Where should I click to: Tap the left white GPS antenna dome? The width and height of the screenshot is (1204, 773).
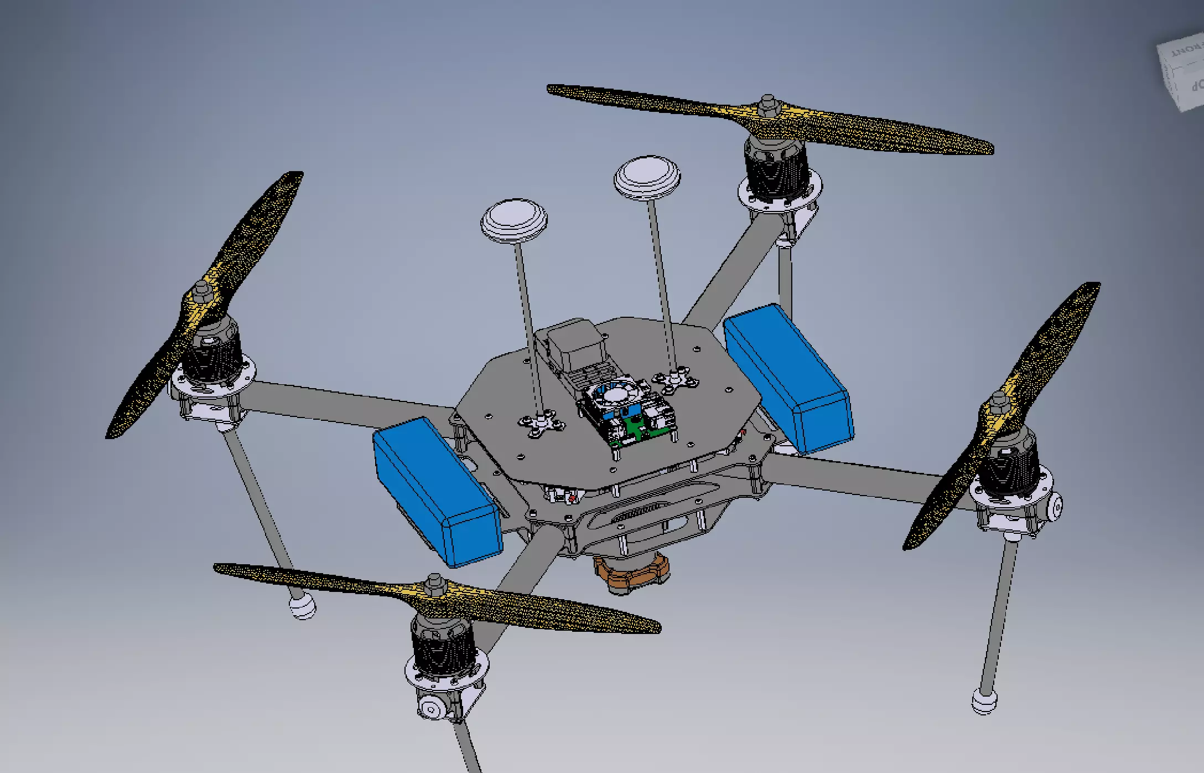(513, 218)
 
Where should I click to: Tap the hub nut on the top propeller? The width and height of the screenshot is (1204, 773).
(767, 104)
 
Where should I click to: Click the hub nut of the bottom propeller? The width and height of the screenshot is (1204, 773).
(434, 583)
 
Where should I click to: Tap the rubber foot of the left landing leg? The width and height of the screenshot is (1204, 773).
(302, 606)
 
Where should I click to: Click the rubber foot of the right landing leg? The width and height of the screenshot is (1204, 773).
(984, 701)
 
